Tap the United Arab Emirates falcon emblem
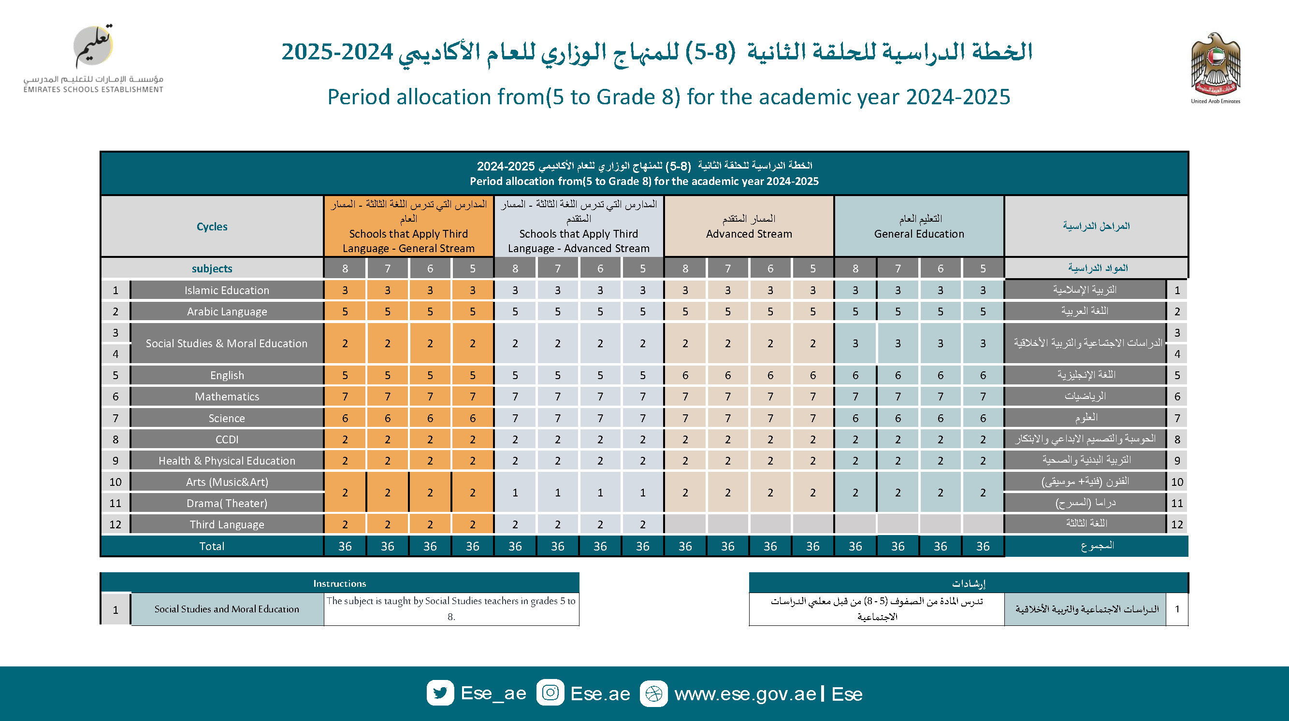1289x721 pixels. pyautogui.click(x=1215, y=65)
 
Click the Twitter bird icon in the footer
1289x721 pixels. pyautogui.click(x=440, y=693)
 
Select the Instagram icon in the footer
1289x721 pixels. pyautogui.click(x=550, y=693)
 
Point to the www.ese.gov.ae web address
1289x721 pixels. pyautogui.click(x=745, y=694)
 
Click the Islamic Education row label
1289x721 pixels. pyautogui.click(x=227, y=290)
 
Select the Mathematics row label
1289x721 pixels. pyautogui.click(x=227, y=396)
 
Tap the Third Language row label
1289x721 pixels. pyautogui.click(x=227, y=524)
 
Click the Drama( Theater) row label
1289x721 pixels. pyautogui.click(x=227, y=503)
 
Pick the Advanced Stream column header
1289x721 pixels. pyautogui.click(x=749, y=226)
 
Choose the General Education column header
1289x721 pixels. pyautogui.click(x=919, y=226)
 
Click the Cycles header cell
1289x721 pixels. pyautogui.click(x=212, y=226)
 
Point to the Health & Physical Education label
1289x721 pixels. pyautogui.click(x=227, y=461)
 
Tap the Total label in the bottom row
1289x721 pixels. pyautogui.click(x=212, y=546)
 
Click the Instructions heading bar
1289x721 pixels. pyautogui.click(x=339, y=583)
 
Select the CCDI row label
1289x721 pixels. pyautogui.click(x=227, y=439)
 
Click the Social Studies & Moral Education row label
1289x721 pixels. pyautogui.click(x=227, y=343)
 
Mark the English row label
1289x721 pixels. pyautogui.click(x=227, y=375)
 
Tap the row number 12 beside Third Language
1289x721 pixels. pyautogui.click(x=115, y=524)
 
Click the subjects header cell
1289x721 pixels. pyautogui.click(x=212, y=269)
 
